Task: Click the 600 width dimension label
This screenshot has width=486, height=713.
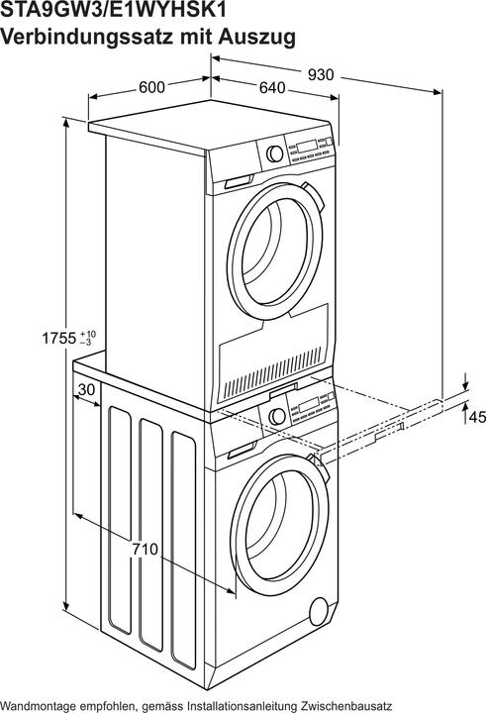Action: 151,87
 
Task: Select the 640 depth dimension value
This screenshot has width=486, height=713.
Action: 272,88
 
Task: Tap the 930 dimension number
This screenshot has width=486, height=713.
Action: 321,73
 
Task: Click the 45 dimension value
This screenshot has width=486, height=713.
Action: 476,418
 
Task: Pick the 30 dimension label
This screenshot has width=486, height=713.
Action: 86,390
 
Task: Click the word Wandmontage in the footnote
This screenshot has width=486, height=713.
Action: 41,702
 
